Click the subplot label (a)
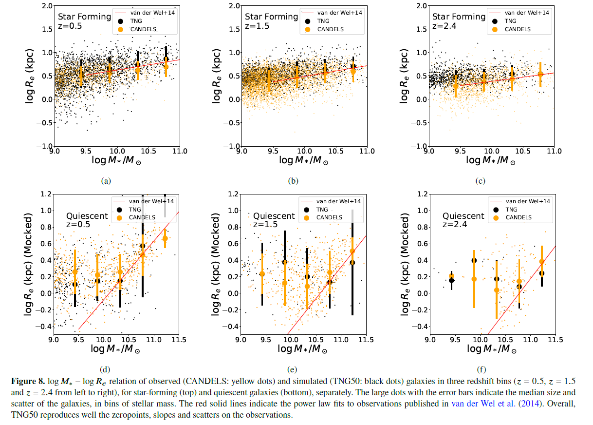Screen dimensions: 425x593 click(x=106, y=181)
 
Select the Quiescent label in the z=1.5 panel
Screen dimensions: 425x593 click(x=274, y=216)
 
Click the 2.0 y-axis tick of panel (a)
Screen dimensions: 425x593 click(x=47, y=6)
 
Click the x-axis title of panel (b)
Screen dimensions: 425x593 click(x=303, y=160)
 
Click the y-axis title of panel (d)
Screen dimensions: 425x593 click(x=29, y=266)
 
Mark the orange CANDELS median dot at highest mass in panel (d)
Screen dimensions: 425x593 click(x=165, y=238)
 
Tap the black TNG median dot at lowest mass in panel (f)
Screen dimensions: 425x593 click(x=451, y=280)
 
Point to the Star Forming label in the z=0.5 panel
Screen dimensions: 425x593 click(x=85, y=17)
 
